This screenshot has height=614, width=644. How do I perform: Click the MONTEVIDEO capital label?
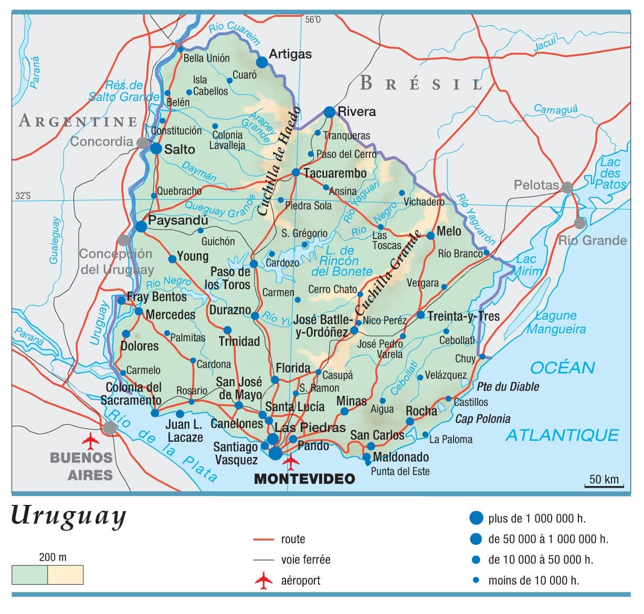[x=304, y=478]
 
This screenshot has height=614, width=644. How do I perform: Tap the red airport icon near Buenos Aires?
[x=91, y=440]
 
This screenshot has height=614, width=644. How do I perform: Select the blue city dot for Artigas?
[x=262, y=62]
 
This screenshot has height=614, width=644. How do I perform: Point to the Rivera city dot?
[x=329, y=112]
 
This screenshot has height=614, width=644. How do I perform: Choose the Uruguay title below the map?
[x=69, y=516]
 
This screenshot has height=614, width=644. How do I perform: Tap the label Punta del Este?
[x=400, y=471]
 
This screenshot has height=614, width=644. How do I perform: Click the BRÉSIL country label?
[x=421, y=83]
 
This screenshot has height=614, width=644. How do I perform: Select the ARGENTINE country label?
[x=78, y=121]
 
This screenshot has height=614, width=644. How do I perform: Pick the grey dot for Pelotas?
[x=567, y=187]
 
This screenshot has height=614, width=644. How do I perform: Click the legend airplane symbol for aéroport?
[x=264, y=580]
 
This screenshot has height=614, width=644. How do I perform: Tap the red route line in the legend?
[x=263, y=539]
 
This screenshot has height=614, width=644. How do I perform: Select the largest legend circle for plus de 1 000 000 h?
[x=476, y=518]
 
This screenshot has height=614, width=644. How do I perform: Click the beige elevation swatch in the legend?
[x=65, y=575]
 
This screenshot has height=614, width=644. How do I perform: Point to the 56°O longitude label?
[x=312, y=20]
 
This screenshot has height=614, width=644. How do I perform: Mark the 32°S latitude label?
[x=23, y=196]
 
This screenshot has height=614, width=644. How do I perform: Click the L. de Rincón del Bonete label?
[x=341, y=261]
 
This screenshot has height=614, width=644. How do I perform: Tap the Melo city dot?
[x=430, y=236]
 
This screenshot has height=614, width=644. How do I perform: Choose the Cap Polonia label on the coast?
[x=482, y=418]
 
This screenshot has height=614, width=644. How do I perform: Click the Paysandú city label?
[x=178, y=220]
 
